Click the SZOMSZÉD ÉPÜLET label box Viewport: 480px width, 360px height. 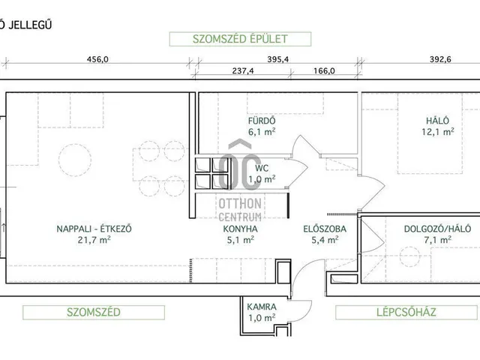[229, 39]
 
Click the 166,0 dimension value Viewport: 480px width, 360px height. [320, 72]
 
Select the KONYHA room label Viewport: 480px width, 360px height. [241, 229]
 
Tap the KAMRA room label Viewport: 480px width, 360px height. [262, 307]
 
